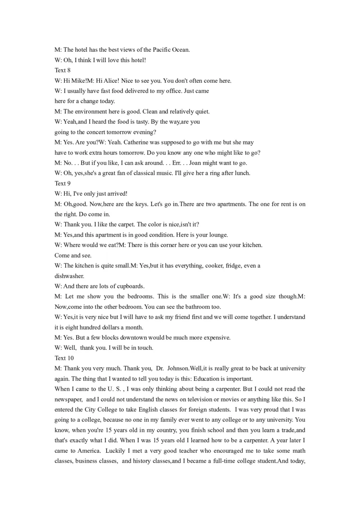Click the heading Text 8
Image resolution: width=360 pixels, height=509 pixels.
tap(63, 70)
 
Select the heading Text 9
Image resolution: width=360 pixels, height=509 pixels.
tap(63, 183)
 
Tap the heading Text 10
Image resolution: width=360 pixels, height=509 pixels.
tap(64, 358)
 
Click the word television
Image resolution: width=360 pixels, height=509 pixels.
tap(200, 399)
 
